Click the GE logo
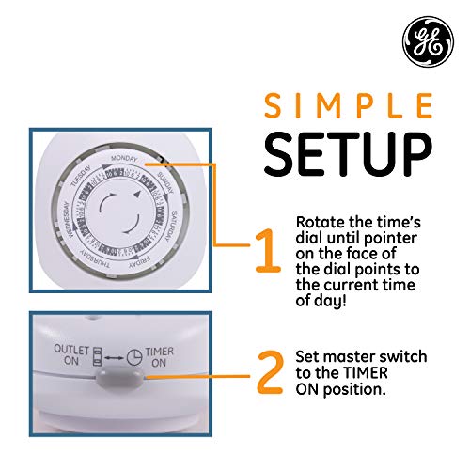tap(420, 40)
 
